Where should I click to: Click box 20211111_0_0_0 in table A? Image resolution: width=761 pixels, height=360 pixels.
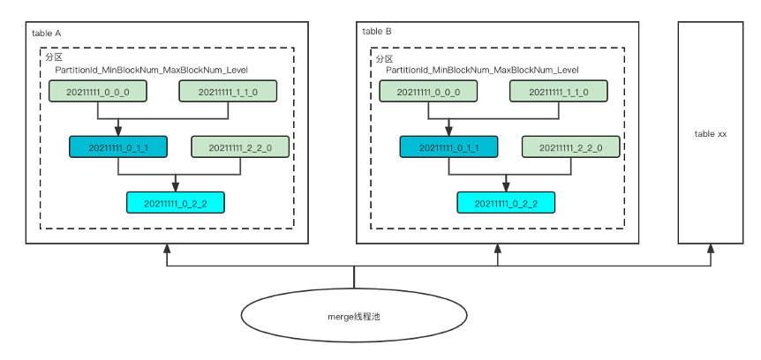(x=97, y=91)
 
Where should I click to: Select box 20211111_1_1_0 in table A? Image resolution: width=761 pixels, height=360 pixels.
(x=229, y=91)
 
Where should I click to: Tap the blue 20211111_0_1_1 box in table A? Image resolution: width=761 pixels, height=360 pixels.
(x=118, y=147)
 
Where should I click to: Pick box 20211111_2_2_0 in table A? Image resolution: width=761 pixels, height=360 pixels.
(x=240, y=147)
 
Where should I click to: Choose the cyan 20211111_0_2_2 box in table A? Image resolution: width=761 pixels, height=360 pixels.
(x=176, y=203)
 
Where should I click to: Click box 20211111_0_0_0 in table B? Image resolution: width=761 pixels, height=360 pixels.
(x=427, y=91)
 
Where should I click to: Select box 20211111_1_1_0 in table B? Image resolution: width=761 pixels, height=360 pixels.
(x=559, y=91)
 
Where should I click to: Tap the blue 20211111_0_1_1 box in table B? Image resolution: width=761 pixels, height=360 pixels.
(x=448, y=147)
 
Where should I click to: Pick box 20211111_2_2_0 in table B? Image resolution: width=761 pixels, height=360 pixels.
(x=570, y=147)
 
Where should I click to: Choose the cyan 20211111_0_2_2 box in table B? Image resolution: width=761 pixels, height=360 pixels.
(x=506, y=203)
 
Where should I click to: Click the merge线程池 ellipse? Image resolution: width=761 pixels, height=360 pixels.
(x=354, y=316)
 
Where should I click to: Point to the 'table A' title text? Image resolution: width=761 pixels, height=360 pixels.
(x=47, y=33)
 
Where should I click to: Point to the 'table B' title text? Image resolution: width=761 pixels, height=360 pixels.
(x=377, y=32)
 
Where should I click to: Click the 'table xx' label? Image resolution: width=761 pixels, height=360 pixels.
(x=711, y=133)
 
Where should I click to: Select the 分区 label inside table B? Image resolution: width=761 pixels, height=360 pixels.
(x=384, y=58)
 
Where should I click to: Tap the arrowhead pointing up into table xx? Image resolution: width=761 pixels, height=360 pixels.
(x=711, y=250)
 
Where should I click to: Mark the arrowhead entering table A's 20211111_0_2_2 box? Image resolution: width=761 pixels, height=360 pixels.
(x=176, y=186)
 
